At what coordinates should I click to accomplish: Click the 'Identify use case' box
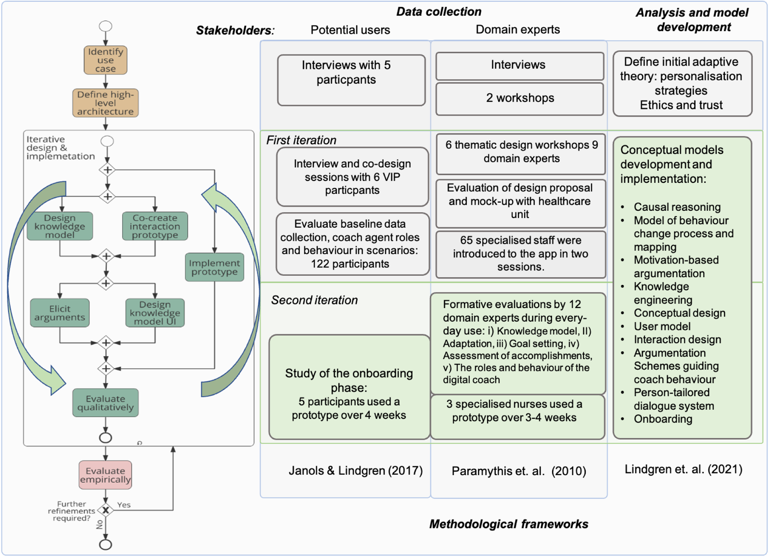(x=106, y=60)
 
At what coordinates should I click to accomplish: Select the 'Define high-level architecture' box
(x=106, y=103)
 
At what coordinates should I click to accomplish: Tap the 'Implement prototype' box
(x=214, y=267)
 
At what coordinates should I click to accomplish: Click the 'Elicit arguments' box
(x=60, y=313)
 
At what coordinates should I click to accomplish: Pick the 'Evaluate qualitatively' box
(x=106, y=403)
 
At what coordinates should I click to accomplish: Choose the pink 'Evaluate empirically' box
(x=106, y=475)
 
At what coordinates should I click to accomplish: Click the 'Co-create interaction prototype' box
(x=155, y=227)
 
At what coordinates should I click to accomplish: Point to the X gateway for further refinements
(x=106, y=510)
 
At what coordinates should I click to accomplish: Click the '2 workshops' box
(x=520, y=98)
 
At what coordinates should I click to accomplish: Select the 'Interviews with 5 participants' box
(x=351, y=80)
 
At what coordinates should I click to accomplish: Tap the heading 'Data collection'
(x=439, y=12)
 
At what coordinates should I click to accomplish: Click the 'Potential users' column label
(x=350, y=30)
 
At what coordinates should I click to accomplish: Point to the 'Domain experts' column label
(x=518, y=30)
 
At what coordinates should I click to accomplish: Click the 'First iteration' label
(x=301, y=140)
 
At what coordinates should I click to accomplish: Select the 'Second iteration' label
(x=314, y=300)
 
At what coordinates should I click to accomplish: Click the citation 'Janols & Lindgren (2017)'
(x=355, y=471)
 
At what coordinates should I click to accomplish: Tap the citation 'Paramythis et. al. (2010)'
(x=519, y=471)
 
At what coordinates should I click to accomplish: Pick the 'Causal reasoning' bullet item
(x=677, y=207)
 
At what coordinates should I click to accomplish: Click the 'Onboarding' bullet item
(x=663, y=419)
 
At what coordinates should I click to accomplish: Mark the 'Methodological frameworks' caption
(x=508, y=524)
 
